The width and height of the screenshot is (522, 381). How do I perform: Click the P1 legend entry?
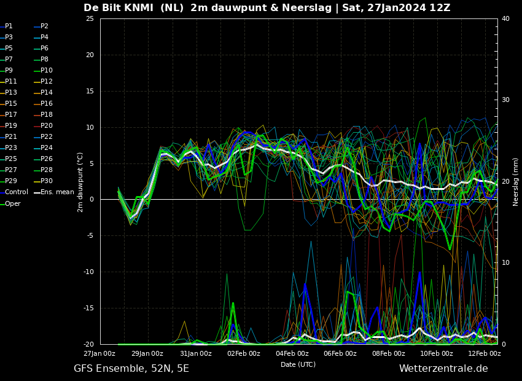click(7, 26)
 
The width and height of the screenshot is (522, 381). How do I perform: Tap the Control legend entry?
click(14, 192)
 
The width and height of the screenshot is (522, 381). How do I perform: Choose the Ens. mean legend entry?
click(54, 192)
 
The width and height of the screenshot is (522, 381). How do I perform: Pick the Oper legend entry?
click(10, 203)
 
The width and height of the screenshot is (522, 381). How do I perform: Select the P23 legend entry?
click(9, 147)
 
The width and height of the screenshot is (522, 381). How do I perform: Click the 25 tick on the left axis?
click(90, 18)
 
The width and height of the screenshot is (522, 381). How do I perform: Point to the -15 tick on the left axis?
click(88, 308)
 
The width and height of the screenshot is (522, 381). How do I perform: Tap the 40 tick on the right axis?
click(505, 18)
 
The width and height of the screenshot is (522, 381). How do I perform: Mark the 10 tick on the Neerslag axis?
click(505, 262)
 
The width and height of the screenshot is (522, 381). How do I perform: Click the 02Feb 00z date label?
click(244, 353)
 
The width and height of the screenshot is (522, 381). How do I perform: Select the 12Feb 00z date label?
click(485, 353)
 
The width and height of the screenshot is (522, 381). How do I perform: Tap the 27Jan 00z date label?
click(99, 353)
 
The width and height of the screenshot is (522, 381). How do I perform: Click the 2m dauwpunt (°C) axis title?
click(80, 182)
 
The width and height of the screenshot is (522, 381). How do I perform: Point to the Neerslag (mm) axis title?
click(515, 182)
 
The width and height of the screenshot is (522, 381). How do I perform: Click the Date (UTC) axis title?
click(298, 364)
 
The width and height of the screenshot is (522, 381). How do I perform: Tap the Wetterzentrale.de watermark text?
click(443, 368)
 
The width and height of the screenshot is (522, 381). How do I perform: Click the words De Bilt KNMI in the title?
click(119, 7)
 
